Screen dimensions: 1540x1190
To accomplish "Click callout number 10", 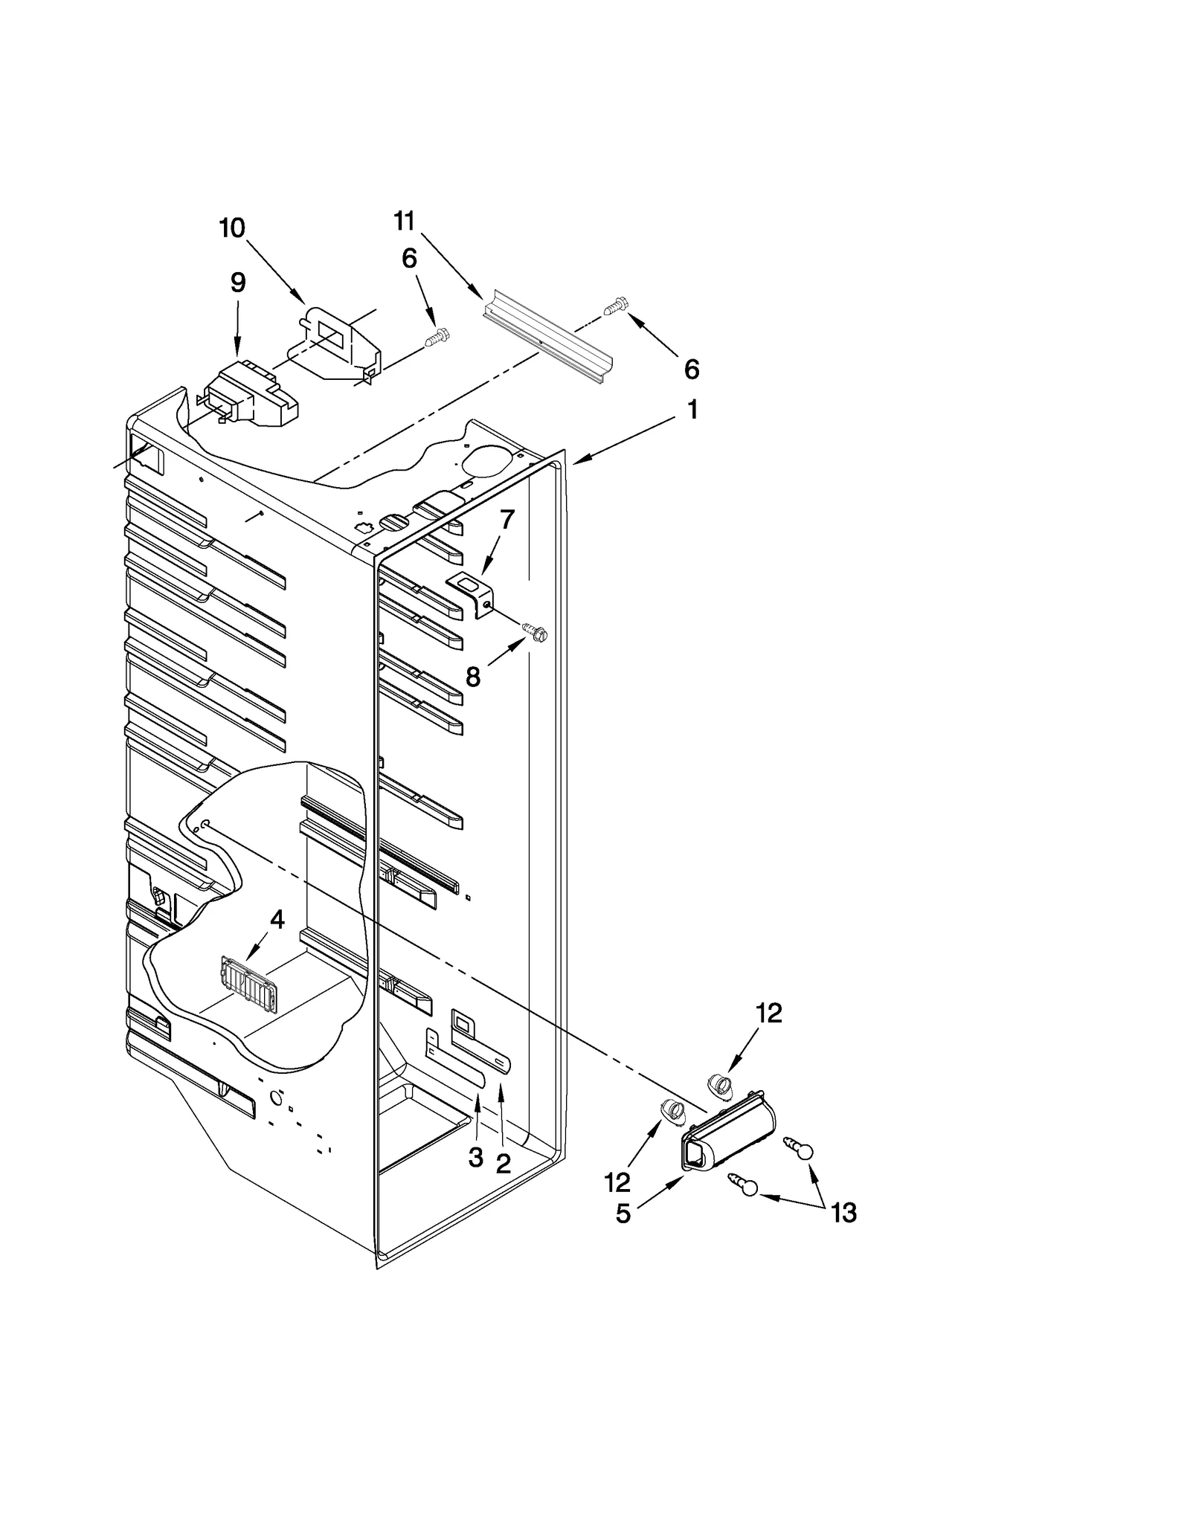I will tap(232, 228).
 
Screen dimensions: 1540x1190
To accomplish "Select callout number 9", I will tap(237, 283).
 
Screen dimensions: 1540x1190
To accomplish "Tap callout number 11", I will tap(404, 221).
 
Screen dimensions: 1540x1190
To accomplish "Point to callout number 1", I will tap(692, 410).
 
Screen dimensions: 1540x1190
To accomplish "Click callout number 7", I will tap(506, 520).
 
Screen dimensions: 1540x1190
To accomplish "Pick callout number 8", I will tap(473, 677).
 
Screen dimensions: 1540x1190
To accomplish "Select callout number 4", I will tap(277, 920).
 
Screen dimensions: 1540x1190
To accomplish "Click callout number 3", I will tap(476, 1158).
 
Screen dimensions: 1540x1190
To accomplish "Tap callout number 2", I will tap(504, 1164).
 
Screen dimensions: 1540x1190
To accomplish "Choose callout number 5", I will tap(623, 1214).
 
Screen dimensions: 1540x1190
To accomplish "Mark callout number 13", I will tap(843, 1213).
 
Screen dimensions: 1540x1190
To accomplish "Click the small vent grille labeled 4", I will tap(248, 984).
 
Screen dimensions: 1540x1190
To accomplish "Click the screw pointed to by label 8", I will tap(535, 632).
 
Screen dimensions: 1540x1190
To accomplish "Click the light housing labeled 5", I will tap(725, 1133).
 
